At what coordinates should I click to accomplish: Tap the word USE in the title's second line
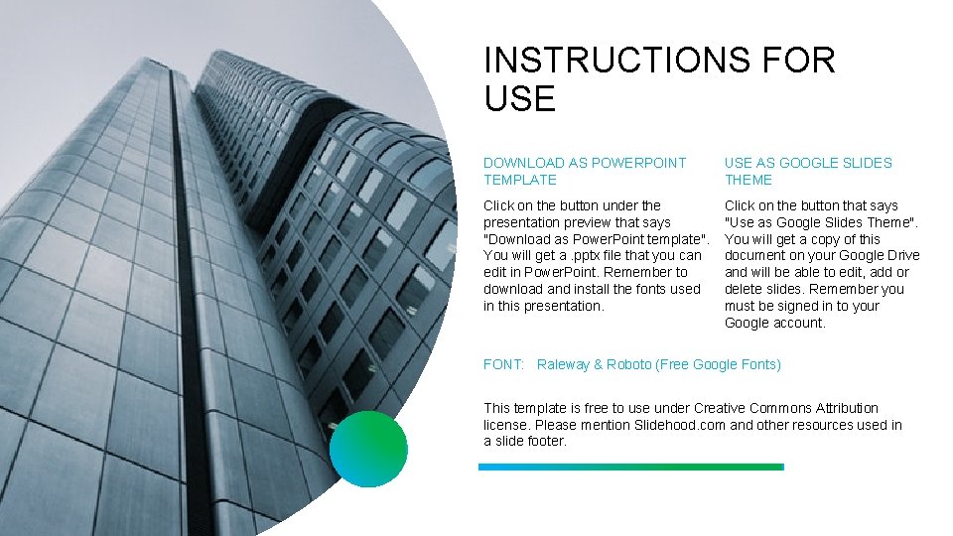pyautogui.click(x=519, y=99)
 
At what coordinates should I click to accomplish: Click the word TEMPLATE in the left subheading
pyautogui.click(x=520, y=180)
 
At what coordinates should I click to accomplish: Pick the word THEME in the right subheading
pyautogui.click(x=749, y=180)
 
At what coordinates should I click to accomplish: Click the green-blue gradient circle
pyautogui.click(x=368, y=449)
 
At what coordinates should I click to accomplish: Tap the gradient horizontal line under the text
pyautogui.click(x=630, y=467)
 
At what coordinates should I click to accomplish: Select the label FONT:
pyautogui.click(x=503, y=364)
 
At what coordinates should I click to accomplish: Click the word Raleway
pyautogui.click(x=563, y=364)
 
